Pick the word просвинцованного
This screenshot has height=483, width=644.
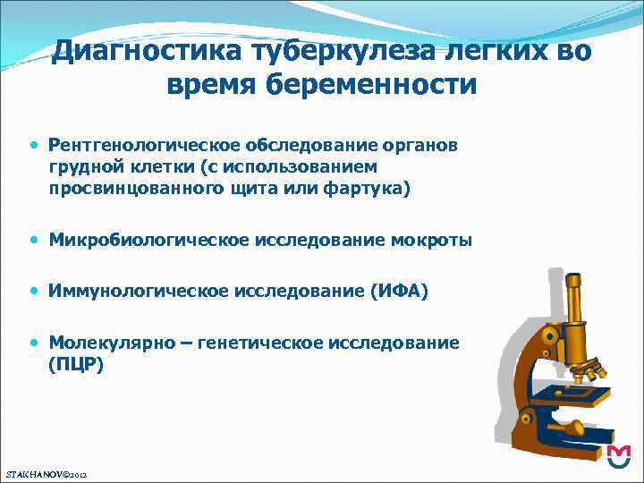click(122, 188)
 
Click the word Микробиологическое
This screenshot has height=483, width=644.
click(149, 240)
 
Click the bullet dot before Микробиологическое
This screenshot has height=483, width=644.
click(34, 240)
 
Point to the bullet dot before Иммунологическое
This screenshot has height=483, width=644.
click(34, 291)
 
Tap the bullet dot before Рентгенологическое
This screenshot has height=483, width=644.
click(34, 144)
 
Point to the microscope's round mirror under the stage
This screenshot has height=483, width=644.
click(574, 428)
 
